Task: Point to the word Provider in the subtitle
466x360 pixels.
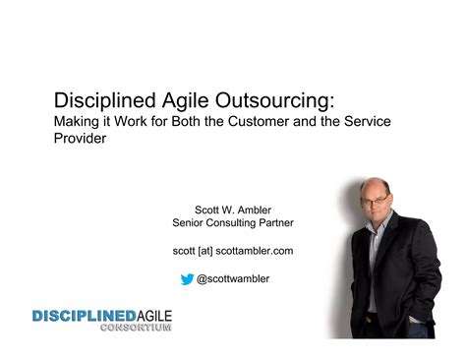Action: pos(80,139)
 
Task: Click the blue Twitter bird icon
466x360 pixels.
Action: pos(187,279)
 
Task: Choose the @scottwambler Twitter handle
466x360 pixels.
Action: pos(234,279)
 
